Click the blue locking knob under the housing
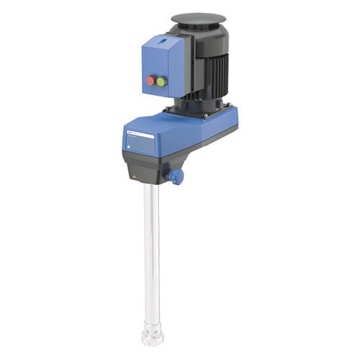[x=176, y=176]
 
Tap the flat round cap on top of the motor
[x=198, y=18]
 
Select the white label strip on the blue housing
[x=140, y=135]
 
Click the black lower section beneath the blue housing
[x=148, y=169]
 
